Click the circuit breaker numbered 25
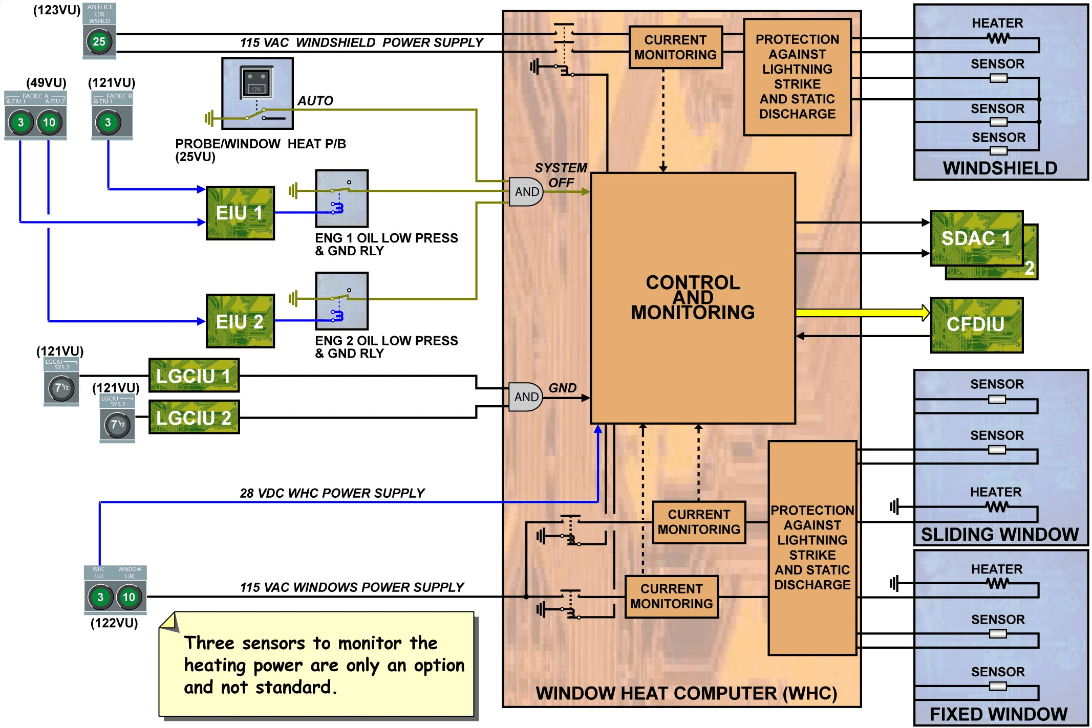point(99,41)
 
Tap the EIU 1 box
point(240,213)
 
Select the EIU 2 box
point(240,321)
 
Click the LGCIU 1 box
point(194,376)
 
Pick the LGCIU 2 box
point(194,417)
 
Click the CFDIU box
point(976,325)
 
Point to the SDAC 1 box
point(976,238)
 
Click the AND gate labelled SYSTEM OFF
point(526,192)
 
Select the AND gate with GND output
point(525,397)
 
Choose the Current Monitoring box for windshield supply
point(675,47)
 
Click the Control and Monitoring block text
point(693,297)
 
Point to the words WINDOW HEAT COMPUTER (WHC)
point(686,693)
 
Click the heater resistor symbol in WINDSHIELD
point(997,38)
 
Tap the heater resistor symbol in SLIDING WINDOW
point(996,507)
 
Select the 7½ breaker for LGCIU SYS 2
point(117,425)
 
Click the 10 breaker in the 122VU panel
point(129,597)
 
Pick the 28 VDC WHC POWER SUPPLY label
point(332,493)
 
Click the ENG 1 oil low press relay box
point(341,198)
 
